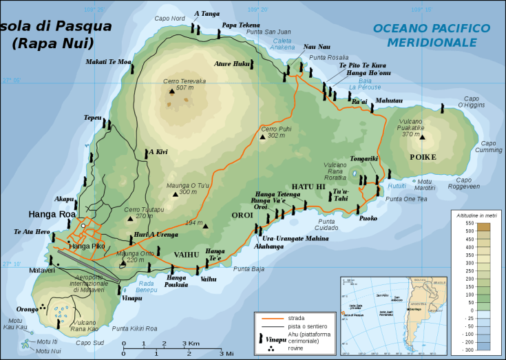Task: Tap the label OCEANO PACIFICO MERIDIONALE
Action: point(432,35)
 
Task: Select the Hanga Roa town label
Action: point(52,214)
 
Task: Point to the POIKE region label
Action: point(423,157)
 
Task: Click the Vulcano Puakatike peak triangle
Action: point(423,137)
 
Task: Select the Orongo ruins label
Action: point(27,310)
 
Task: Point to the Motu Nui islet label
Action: point(47,351)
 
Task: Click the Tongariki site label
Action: point(364,158)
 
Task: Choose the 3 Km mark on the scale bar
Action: point(190,343)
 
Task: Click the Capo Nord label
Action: point(169,19)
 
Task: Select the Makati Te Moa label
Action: point(108,62)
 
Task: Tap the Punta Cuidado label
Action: point(328,224)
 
